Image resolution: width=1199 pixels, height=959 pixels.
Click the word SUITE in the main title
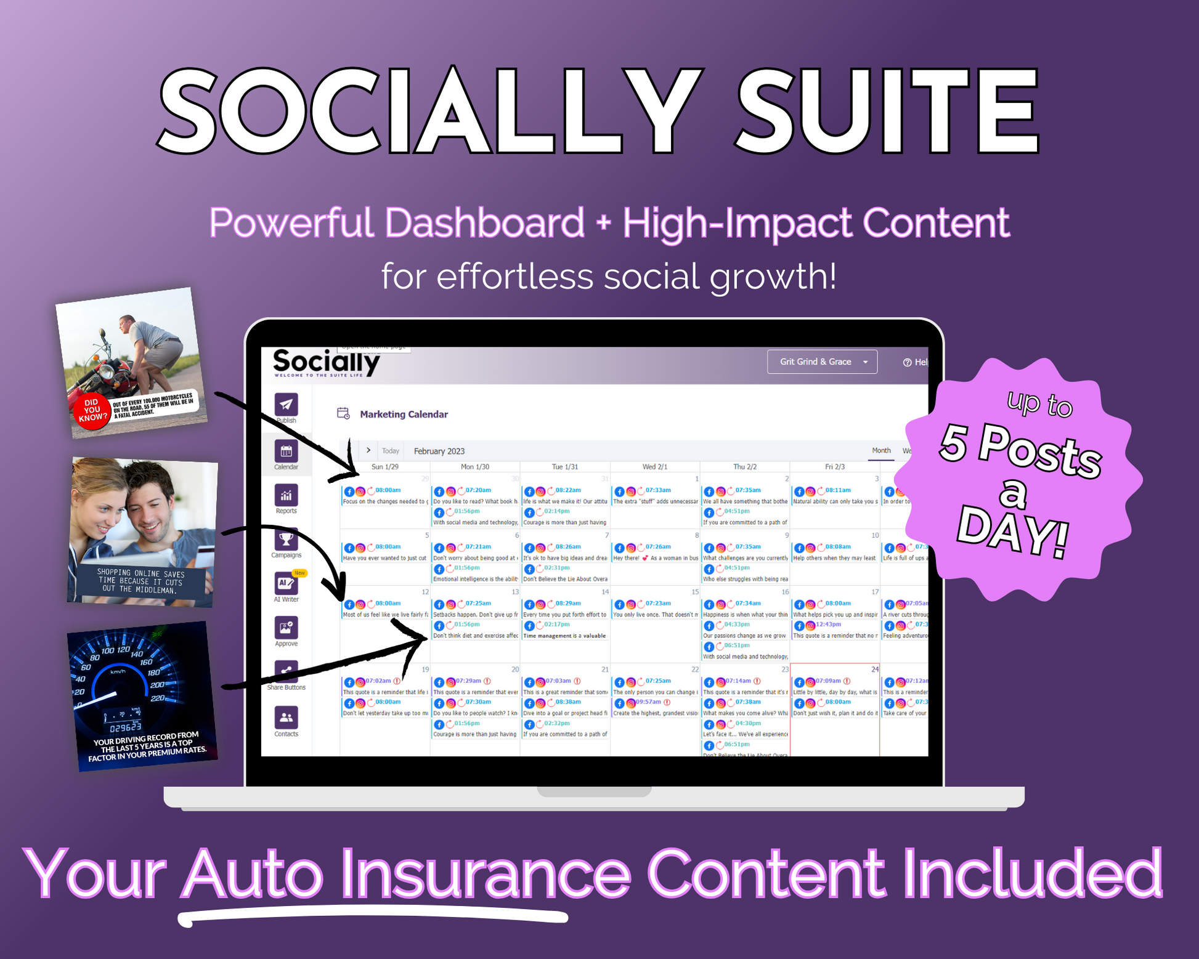pos(887,111)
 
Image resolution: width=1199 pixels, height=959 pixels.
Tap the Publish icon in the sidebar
pos(286,405)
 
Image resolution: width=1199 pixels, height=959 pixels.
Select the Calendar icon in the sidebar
pos(286,451)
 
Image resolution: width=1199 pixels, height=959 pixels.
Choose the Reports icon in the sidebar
pos(286,495)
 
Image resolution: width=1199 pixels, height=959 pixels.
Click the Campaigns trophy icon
pos(286,540)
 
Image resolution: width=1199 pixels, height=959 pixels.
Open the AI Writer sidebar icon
pos(286,583)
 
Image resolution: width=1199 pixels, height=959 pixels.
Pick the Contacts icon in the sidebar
pos(286,718)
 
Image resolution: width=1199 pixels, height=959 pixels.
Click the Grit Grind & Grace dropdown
pos(821,362)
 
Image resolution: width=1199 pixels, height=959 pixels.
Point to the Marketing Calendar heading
pos(404,415)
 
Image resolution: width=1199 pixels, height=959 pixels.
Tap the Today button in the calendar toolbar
pos(390,451)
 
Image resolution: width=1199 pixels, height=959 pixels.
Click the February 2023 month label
pos(439,451)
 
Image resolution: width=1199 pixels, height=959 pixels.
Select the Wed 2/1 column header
pos(654,467)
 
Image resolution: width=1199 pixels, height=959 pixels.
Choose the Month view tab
pos(881,451)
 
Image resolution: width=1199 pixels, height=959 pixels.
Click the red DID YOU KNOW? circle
pos(92,410)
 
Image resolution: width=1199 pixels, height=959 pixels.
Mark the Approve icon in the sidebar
pos(286,628)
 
